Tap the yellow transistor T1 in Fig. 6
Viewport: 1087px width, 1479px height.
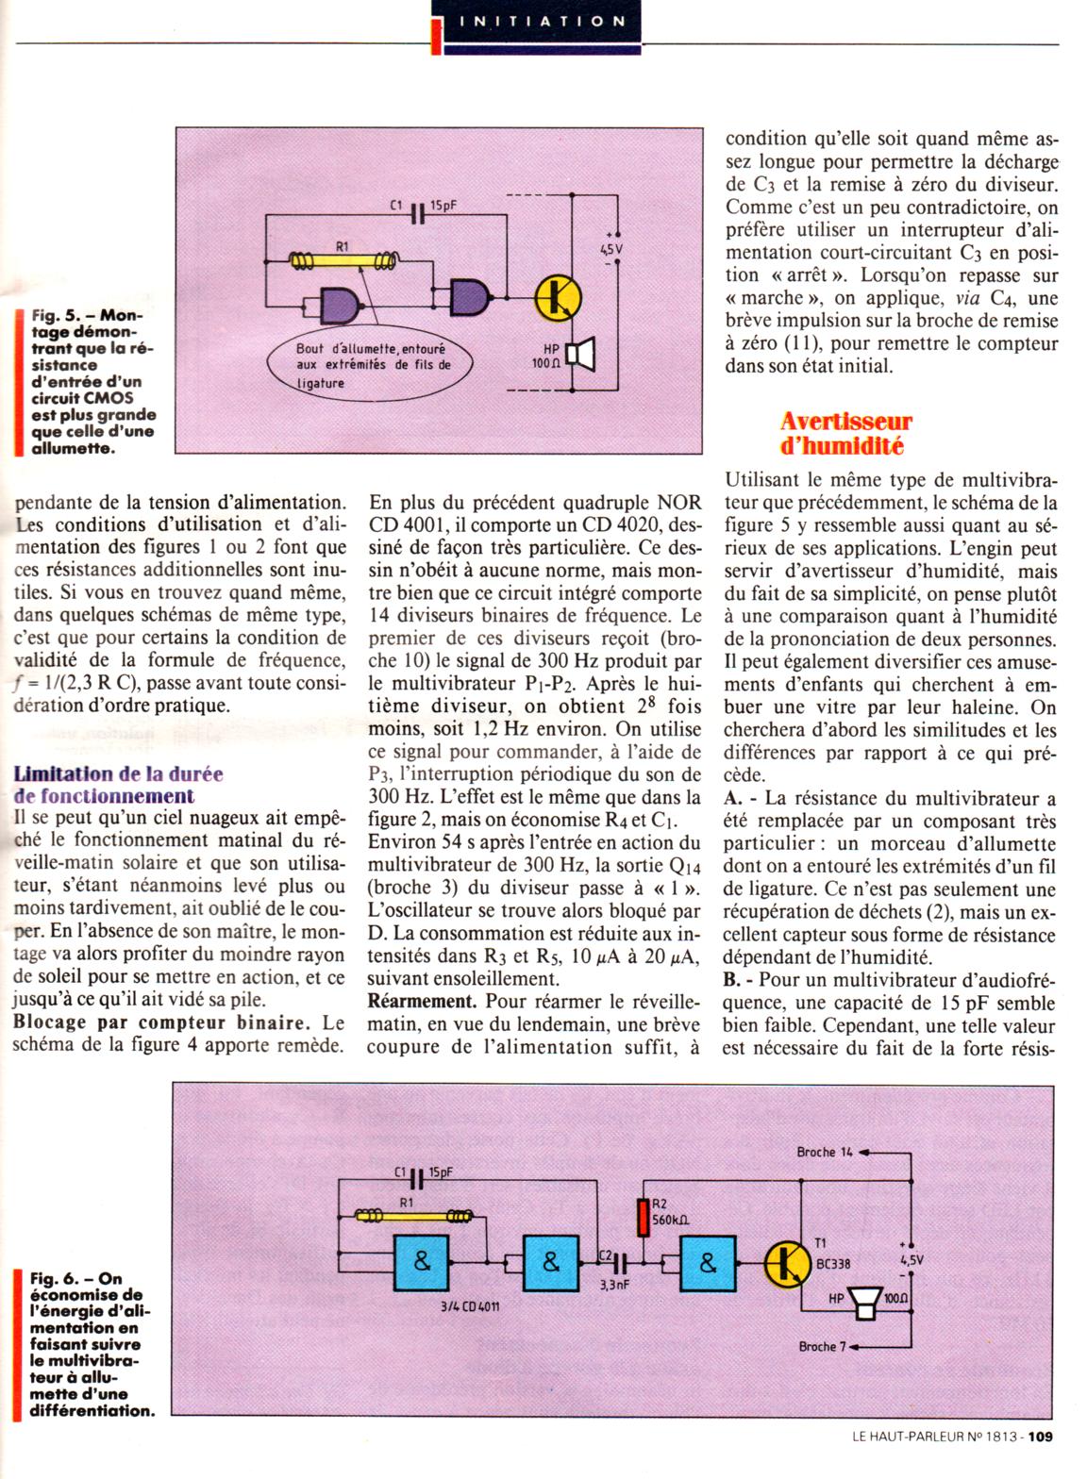tap(784, 1264)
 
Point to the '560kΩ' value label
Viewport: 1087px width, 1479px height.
tap(671, 1220)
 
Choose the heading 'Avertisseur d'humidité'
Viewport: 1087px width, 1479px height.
tap(846, 432)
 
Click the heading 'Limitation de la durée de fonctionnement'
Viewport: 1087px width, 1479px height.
tap(119, 785)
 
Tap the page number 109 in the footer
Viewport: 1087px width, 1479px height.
tap(1041, 1464)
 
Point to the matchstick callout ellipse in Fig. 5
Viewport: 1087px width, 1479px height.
tap(374, 363)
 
